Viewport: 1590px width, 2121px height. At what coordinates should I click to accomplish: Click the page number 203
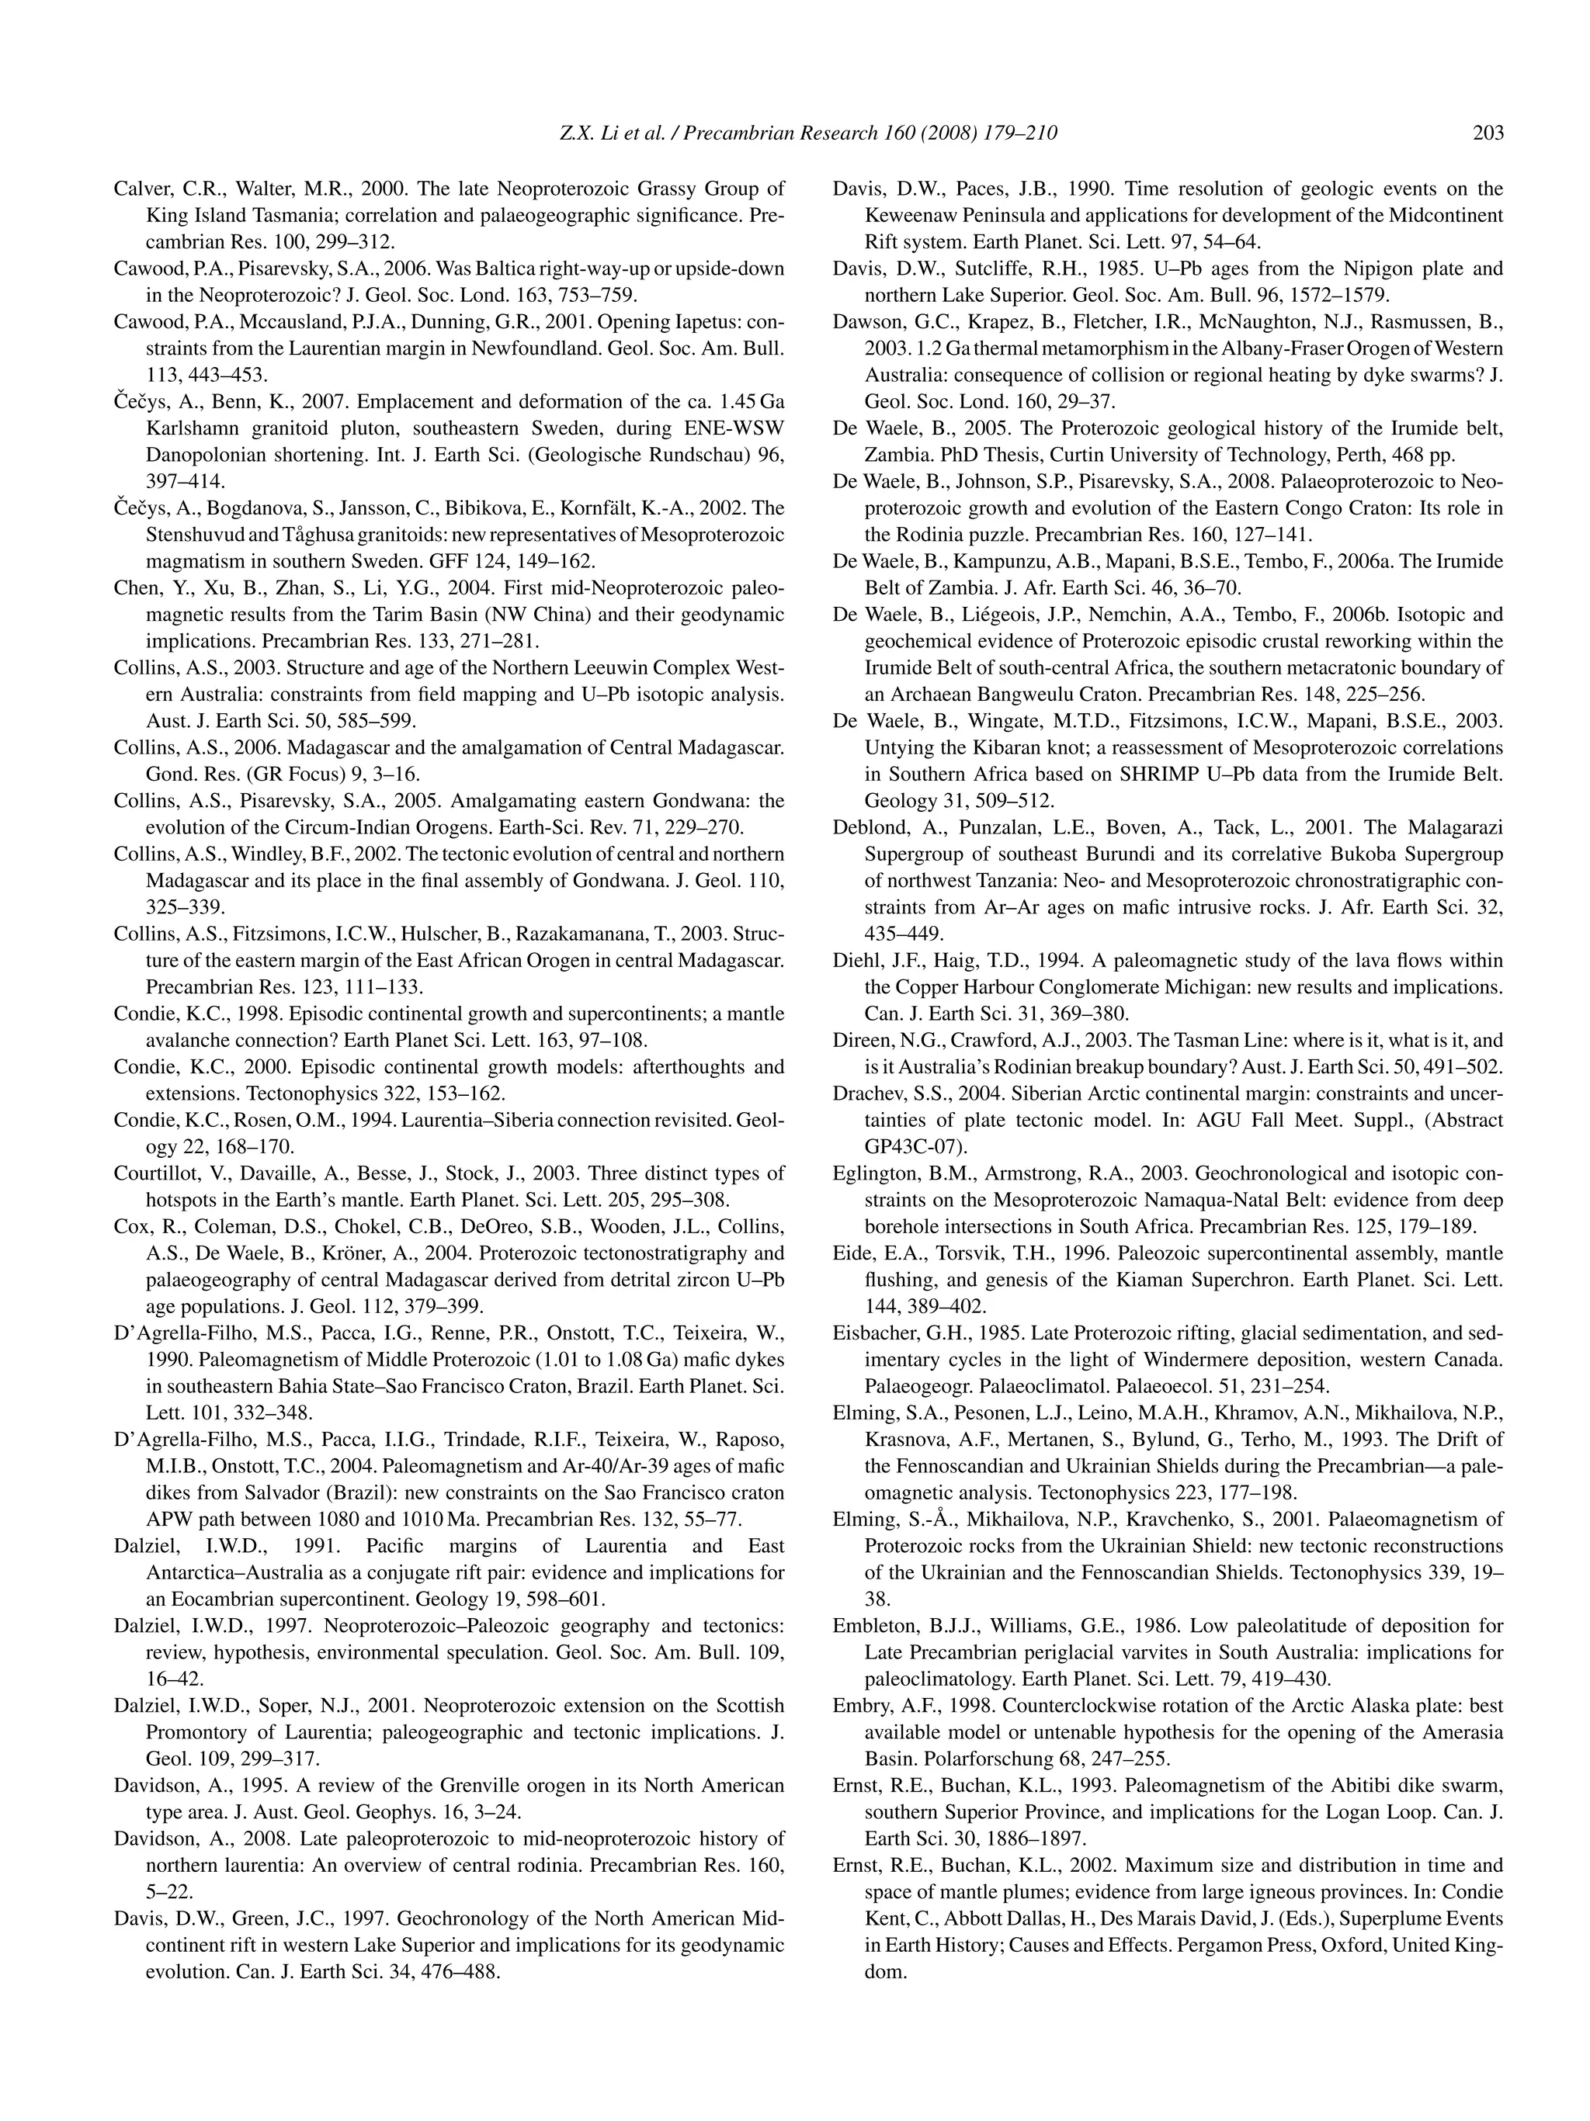click(x=1488, y=133)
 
